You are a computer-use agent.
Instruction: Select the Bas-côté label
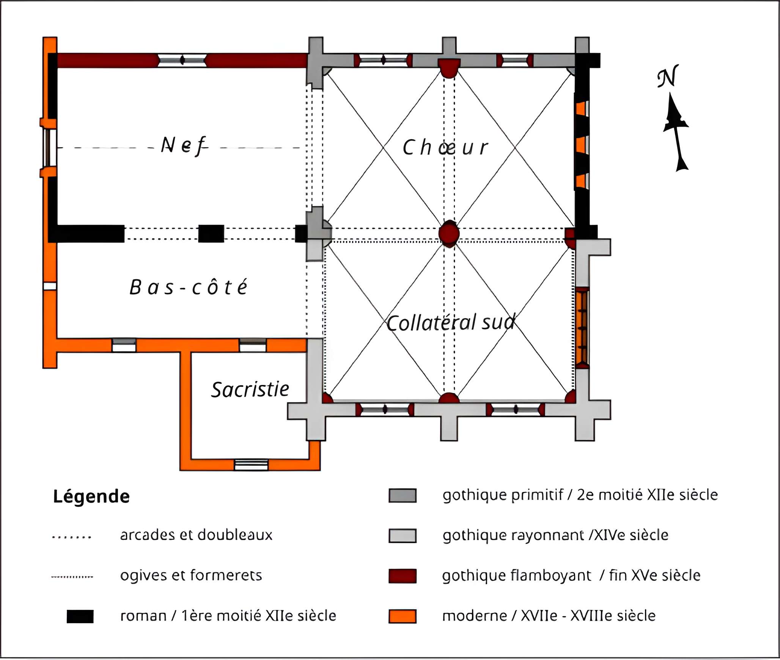pos(188,287)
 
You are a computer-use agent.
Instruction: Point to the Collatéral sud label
pos(451,323)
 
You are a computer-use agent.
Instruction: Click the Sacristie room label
pos(250,390)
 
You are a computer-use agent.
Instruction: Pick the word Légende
pos(91,496)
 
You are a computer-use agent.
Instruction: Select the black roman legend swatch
pos(80,616)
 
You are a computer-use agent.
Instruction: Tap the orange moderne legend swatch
pos(402,616)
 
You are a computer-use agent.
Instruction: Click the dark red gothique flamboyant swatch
pos(402,576)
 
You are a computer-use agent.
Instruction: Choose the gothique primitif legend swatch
pos(402,495)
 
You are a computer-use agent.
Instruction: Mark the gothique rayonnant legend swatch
pos(402,536)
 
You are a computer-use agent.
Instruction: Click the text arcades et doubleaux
pos(196,535)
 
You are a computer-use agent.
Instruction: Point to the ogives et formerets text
pos(191,575)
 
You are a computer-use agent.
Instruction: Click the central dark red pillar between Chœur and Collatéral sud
pos(449,233)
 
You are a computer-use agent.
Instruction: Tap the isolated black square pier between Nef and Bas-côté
pos(211,233)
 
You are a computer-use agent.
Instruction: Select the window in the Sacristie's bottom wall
pos(251,465)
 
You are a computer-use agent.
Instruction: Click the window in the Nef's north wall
pos(182,60)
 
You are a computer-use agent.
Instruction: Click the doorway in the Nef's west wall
pos(49,148)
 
